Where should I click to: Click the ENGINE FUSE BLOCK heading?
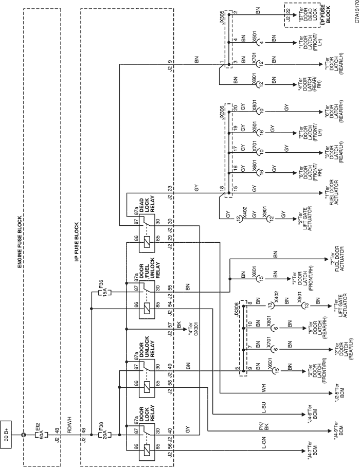click(20, 242)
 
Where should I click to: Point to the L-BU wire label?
click(263, 408)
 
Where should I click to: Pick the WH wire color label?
click(263, 388)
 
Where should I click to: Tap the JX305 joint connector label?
click(222, 17)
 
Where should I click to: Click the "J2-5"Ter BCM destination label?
click(339, 392)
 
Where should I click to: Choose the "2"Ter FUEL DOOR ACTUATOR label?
click(336, 259)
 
